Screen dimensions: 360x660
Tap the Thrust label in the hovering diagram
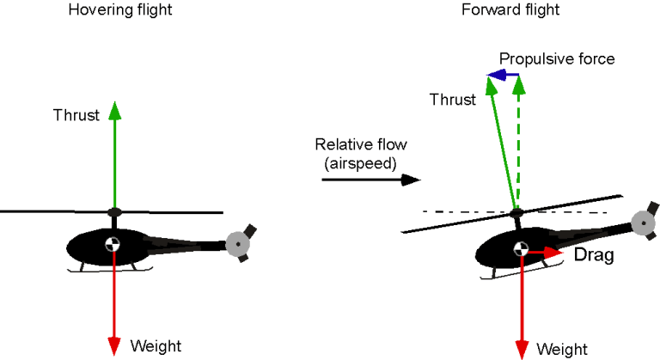tap(76, 115)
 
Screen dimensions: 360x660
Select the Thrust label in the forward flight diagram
tap(452, 100)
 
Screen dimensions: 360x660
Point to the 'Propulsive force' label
tap(556, 59)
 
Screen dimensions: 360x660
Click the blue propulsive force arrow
tap(504, 76)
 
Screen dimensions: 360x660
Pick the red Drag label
tap(593, 255)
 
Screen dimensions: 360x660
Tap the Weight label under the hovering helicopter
tap(156, 346)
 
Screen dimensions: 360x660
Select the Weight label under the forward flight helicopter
tap(562, 349)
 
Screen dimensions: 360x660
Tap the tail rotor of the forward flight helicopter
tap(645, 222)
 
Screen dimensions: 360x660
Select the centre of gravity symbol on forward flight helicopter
tap(521, 250)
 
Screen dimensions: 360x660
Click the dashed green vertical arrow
tap(517, 146)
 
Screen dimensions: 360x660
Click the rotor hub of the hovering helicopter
tap(113, 211)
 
